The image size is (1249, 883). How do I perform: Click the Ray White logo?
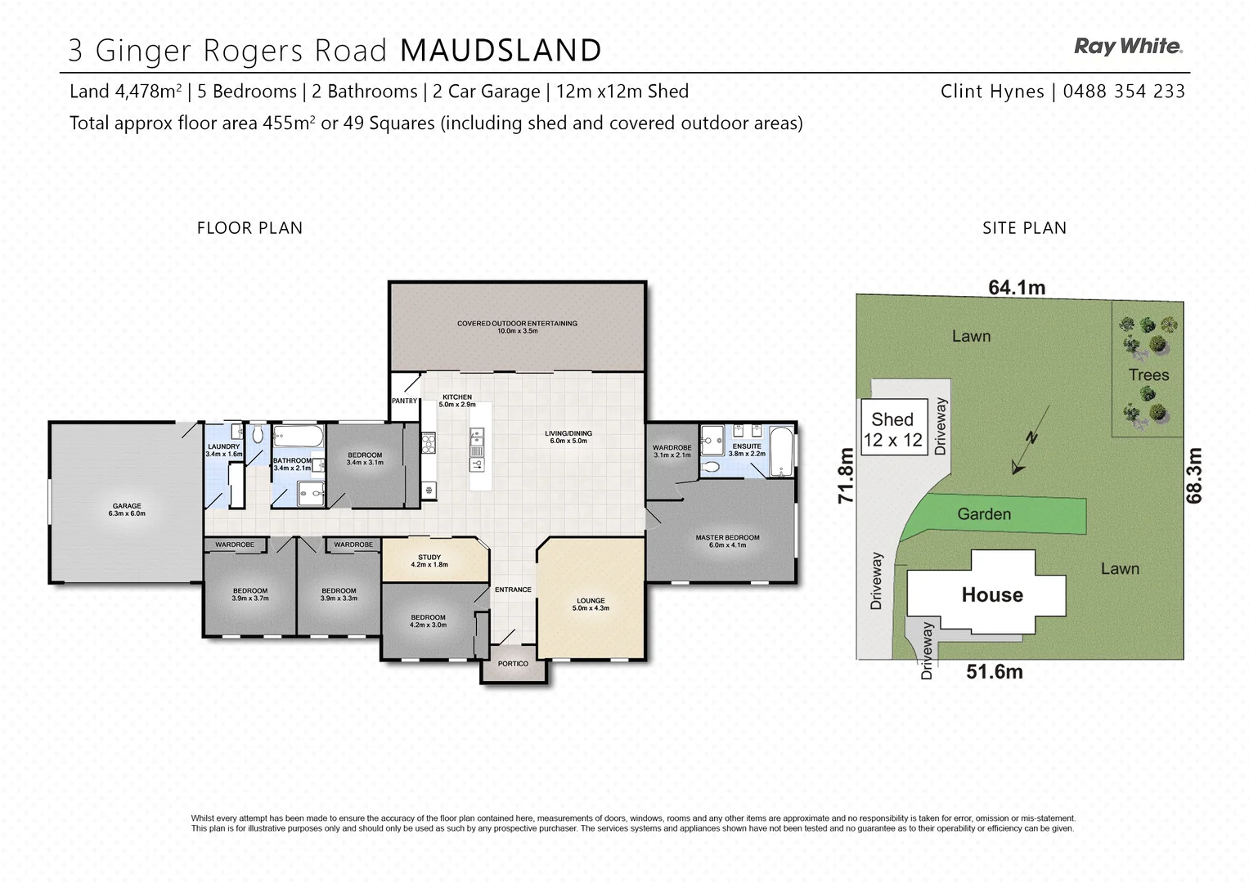coord(1127,47)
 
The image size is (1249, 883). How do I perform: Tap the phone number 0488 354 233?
coord(1124,92)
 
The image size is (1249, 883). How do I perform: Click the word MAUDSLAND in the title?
coord(501,51)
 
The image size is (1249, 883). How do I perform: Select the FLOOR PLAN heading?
coord(249,228)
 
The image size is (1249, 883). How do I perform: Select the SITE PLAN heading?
coord(1024,228)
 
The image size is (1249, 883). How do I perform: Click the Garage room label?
coord(127,509)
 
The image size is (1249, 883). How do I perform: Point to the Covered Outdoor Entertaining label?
coord(517,327)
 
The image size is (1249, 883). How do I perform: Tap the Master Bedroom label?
coord(727,540)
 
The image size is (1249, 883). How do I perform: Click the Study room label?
coord(429,560)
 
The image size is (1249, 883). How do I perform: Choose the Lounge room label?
coord(591,604)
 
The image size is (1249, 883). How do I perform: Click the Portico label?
coord(513,663)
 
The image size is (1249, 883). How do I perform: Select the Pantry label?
coord(404,401)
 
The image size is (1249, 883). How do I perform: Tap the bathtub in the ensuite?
coord(781,450)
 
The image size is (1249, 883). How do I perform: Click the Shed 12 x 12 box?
coord(892,429)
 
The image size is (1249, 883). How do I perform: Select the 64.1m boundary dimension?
coord(1017,287)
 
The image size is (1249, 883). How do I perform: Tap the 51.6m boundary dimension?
coord(994,672)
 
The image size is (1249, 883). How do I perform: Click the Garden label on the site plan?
coord(984,514)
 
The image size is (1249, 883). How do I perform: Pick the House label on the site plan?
coord(992,594)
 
